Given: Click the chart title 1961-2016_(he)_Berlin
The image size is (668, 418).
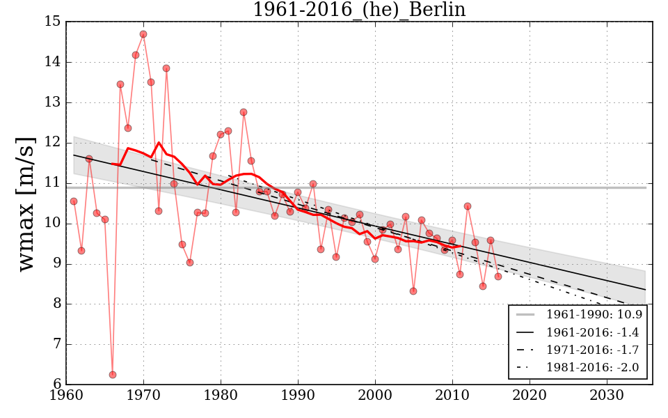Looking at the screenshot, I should coord(358,10).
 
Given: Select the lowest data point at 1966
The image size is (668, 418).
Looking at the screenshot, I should coord(113,375).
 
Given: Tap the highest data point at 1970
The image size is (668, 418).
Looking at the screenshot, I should coord(143,34).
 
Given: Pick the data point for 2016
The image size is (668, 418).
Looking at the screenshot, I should coord(498,277).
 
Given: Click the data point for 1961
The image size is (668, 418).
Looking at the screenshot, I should coord(74,201).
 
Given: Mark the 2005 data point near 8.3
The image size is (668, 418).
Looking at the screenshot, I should coord(413,291).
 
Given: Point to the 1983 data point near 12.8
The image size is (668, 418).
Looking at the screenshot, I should coord(244,112).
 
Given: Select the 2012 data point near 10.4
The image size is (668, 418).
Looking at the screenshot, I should coord(468,206).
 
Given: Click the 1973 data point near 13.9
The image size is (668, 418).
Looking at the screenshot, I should coord(166,68).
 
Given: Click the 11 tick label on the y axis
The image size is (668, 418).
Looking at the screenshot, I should coord(53,183).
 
